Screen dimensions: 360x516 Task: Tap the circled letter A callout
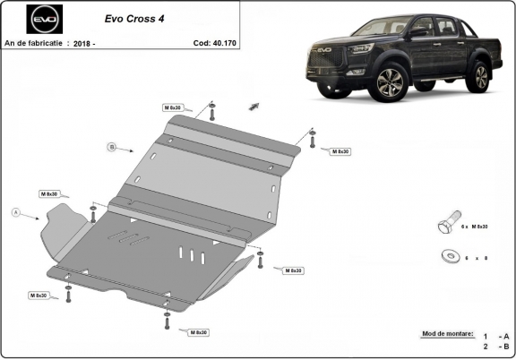tap(15, 212)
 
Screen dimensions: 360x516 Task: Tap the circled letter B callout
tap(112, 146)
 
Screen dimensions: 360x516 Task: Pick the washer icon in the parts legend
tap(447, 256)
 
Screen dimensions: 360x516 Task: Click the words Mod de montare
tap(445, 333)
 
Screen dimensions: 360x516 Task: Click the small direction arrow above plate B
tap(254, 105)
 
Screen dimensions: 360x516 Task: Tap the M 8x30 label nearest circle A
tap(48, 193)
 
